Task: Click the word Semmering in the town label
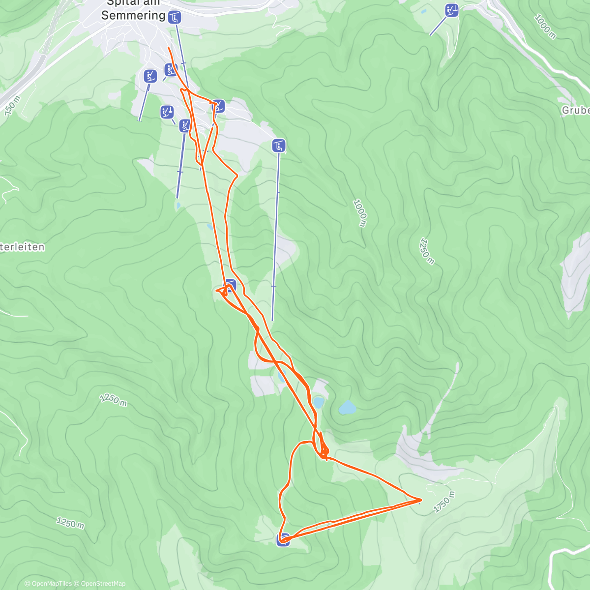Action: tap(133, 15)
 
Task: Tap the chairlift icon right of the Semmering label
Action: tap(174, 18)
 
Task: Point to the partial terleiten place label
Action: tap(23, 247)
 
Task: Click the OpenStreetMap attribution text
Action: tap(103, 584)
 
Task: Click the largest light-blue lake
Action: tap(348, 408)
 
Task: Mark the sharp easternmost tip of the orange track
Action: tap(421, 500)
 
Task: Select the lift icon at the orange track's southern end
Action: tap(283, 539)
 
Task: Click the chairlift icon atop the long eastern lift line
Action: tap(279, 145)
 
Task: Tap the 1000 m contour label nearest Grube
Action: tap(545, 27)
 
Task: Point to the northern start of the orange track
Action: tap(169, 48)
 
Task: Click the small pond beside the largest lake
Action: tap(319, 402)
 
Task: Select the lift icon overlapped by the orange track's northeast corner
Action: tap(218, 106)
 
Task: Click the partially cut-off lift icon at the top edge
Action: tap(451, 10)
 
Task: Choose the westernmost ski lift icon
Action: tap(150, 76)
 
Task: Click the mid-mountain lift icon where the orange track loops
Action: tap(230, 285)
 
